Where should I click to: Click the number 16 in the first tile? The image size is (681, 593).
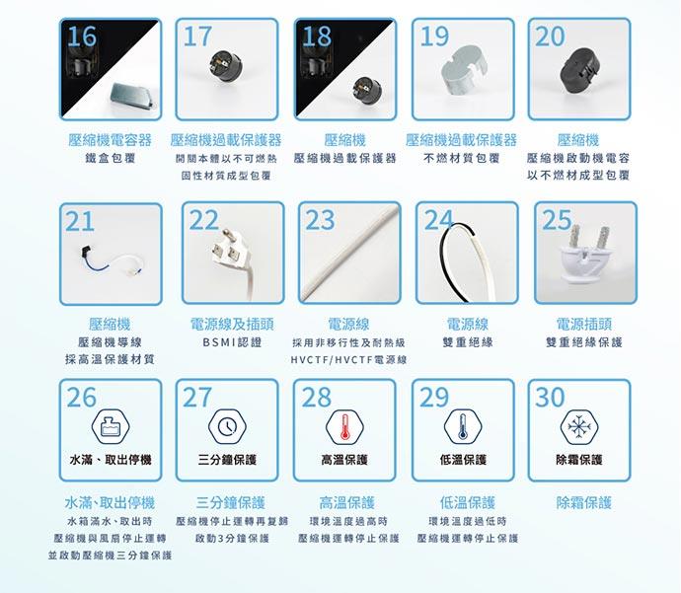82,37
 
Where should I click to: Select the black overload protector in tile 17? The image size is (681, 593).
225,65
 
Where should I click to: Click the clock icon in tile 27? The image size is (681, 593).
227,426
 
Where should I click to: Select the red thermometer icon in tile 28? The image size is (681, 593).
344,426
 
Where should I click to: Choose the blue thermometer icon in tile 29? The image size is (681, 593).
463,426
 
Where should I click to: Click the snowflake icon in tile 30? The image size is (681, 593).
579,426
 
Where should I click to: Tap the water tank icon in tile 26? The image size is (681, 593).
111,426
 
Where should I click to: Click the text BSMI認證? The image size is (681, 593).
232,342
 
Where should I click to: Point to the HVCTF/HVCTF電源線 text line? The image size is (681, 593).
348,360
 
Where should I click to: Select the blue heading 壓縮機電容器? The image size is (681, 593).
110,140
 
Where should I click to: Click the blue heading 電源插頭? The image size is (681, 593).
584,324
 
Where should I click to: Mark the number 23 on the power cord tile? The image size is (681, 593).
320,220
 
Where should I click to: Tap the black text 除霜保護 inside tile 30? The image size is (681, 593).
579,460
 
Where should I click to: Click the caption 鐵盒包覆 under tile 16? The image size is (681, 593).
111,158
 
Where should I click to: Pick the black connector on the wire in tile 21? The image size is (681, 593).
87,253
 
